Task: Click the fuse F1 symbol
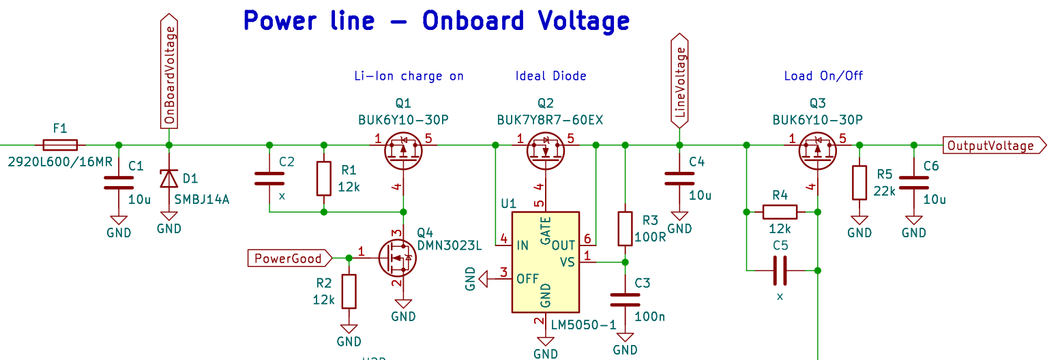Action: coord(60,145)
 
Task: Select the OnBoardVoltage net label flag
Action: coord(169,72)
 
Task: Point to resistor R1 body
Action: coord(324,179)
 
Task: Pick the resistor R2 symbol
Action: coord(349,291)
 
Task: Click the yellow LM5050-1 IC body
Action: coord(545,262)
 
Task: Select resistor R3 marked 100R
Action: coord(625,228)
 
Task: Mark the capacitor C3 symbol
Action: coord(625,299)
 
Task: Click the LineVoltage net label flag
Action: coord(679,82)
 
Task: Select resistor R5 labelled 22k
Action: coord(859,183)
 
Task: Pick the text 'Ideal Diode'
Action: coord(550,76)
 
